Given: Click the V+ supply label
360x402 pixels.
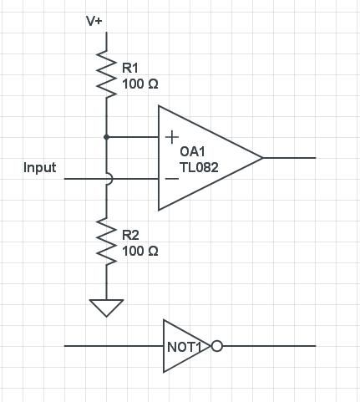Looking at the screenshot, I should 94,20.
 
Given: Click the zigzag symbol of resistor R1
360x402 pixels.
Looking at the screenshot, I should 106,71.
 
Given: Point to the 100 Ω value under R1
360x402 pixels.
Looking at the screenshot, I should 140,84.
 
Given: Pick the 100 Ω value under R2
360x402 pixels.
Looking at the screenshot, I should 140,251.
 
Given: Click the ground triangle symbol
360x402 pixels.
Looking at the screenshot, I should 106,307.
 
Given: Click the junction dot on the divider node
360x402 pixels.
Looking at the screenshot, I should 106,136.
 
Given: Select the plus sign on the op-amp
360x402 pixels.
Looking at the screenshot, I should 171,136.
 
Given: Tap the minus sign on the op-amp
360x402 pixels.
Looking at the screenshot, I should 171,178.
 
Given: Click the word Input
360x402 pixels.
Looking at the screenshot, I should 40,168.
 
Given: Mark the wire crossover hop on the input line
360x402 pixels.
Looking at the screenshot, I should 107,179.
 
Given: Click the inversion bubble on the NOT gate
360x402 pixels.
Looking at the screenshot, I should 217,345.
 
